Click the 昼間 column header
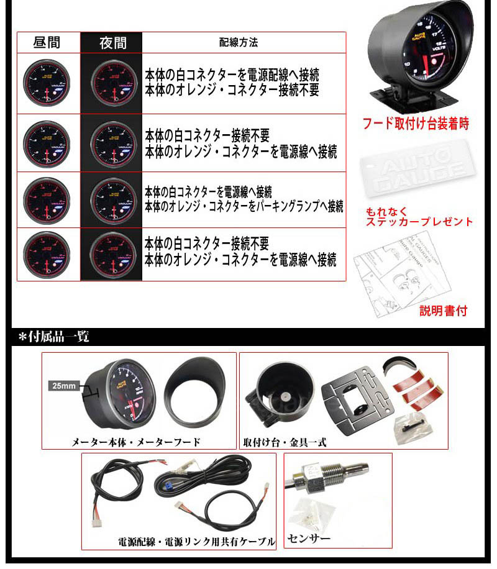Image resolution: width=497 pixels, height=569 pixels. pos(47,43)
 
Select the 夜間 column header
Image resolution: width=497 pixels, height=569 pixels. pos(112,43)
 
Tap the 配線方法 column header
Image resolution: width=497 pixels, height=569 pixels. pos(239,43)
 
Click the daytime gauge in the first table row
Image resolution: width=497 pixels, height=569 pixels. pos(47,83)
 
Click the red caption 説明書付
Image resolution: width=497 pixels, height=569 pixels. pos(442,310)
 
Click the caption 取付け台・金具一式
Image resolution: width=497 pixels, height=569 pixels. pos(285,443)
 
